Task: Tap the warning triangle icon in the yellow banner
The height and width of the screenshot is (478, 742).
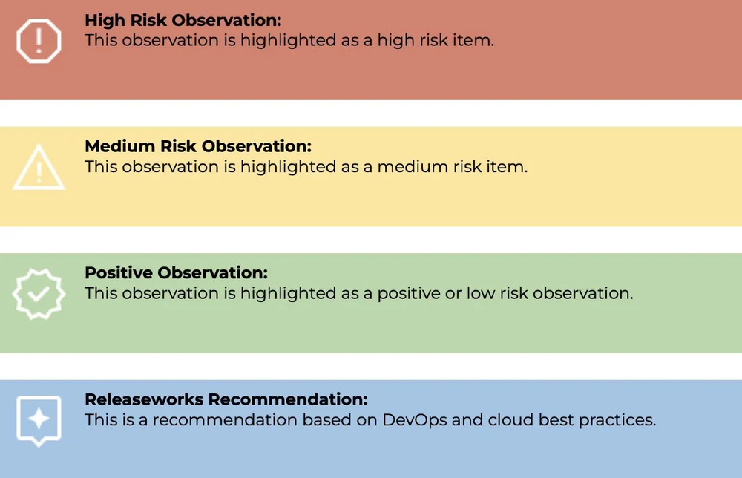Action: point(39,167)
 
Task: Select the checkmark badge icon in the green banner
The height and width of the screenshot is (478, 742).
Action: point(39,293)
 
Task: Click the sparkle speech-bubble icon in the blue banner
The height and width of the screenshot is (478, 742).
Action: point(39,419)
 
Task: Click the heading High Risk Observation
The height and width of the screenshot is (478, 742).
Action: point(183,20)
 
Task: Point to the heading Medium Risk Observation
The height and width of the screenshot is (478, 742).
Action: point(198,146)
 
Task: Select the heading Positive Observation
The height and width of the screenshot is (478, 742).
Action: point(176,272)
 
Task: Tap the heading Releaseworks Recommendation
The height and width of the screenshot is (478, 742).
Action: point(226,399)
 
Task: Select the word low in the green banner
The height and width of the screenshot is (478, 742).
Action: point(479,293)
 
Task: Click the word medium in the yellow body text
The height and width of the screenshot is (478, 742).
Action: point(411,167)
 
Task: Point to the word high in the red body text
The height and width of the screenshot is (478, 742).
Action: point(393,40)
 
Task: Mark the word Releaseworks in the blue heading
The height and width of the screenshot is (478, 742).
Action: point(143,399)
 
